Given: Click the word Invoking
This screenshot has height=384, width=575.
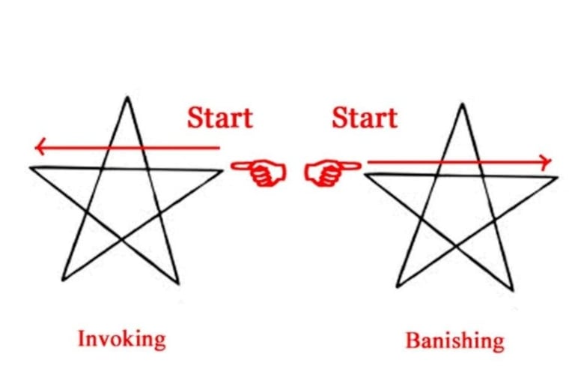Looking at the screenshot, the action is pos(121,338).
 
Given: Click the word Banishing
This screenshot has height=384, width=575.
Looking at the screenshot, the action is pos(454,340).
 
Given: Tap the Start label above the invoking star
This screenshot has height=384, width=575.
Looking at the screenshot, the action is pos(220,118).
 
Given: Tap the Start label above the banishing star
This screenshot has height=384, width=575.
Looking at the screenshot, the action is pos(365,118).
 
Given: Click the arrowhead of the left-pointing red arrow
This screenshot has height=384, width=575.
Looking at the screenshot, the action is pos(38,146).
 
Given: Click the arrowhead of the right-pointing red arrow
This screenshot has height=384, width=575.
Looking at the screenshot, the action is pos(547,161).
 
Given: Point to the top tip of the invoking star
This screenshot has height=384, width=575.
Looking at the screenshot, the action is pos(127,97).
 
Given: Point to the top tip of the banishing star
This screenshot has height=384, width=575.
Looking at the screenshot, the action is pos(463,104).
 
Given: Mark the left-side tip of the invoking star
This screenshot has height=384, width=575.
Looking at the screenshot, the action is pos(31,167).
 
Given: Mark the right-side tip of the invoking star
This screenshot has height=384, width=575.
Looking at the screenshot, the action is pos(222,170).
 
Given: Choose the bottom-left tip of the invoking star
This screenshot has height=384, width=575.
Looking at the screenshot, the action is pos(63,280).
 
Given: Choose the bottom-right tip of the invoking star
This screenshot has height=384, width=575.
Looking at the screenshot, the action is pos(178,283).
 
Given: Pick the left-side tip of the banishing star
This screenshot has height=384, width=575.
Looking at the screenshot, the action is pos(365,173).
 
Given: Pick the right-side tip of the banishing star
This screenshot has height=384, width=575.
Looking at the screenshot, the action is pos(557,177).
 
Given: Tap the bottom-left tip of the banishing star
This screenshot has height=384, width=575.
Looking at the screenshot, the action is pos(398,286).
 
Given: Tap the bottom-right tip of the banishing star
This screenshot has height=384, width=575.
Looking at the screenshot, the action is pos(513,289).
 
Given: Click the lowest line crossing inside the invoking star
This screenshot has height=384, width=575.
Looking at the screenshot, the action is pos(121,240).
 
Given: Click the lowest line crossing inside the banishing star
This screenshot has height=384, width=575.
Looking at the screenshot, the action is pos(456,246).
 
